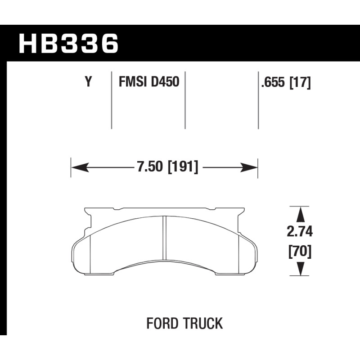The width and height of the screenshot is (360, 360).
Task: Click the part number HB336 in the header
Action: click(69, 43)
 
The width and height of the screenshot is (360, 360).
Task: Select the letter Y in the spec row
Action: click(88, 81)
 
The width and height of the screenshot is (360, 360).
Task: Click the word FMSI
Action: click(133, 81)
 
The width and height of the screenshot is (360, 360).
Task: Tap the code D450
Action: click(165, 81)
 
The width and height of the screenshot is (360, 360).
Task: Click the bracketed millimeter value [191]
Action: click(183, 167)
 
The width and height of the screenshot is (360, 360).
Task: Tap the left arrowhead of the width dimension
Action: click(80, 167)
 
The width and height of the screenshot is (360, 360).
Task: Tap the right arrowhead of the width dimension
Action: click(249, 167)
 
